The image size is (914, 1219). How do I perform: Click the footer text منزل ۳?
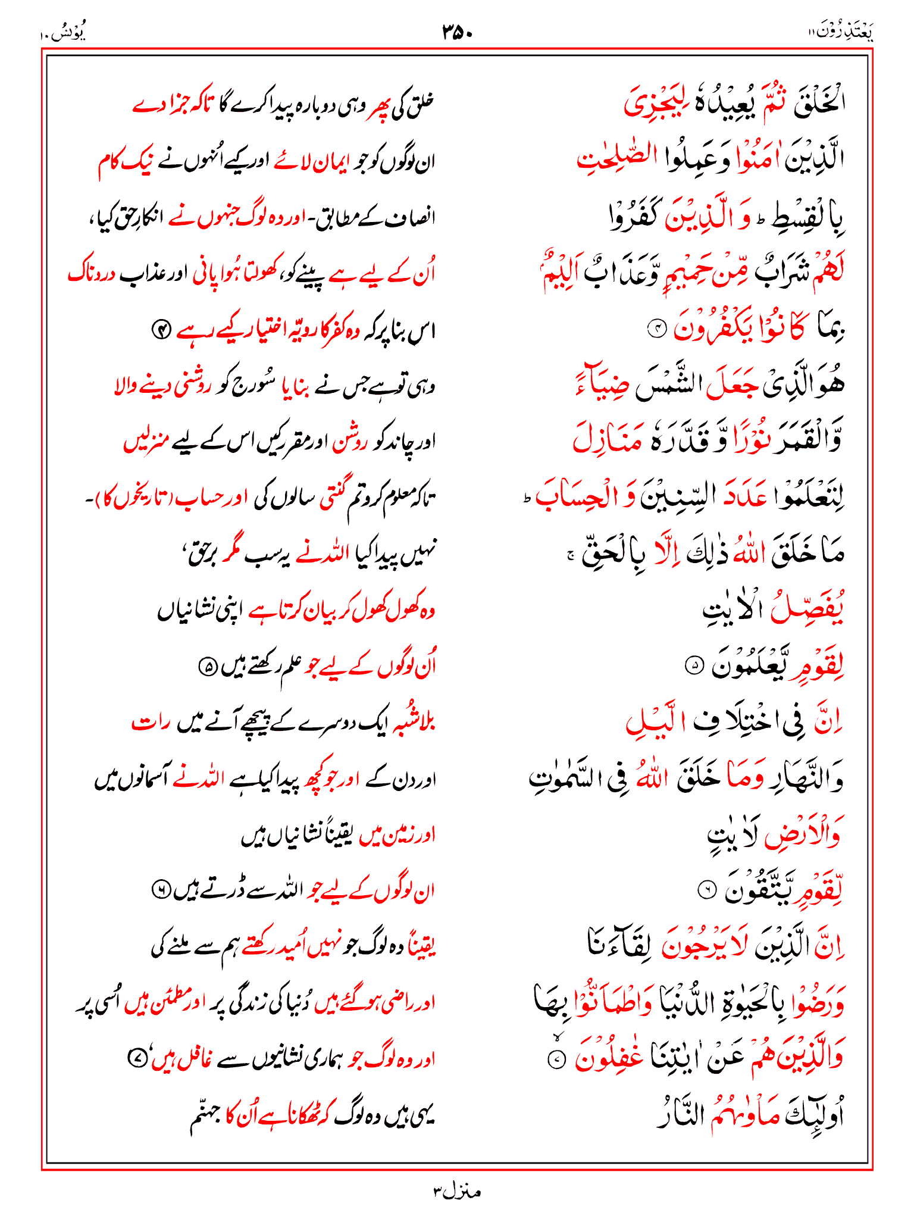pos(456,1192)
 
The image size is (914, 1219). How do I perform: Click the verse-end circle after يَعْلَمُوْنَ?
pos(694,665)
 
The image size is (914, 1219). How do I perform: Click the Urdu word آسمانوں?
pos(142,779)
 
